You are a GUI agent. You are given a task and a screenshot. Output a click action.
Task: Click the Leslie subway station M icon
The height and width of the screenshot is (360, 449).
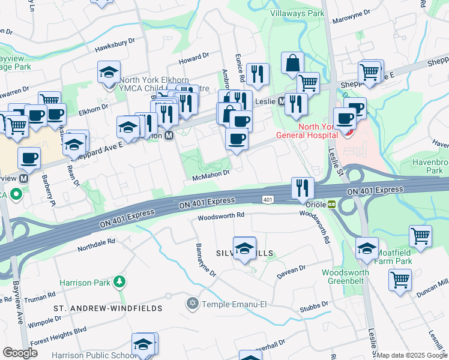(x=281, y=101)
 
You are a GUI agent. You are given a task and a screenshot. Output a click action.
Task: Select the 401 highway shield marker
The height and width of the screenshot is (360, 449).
(x=268, y=199)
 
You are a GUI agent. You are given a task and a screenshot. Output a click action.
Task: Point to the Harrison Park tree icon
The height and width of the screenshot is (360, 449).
(x=119, y=281)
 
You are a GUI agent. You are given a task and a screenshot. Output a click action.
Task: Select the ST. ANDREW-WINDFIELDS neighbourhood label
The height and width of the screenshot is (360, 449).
(x=108, y=308)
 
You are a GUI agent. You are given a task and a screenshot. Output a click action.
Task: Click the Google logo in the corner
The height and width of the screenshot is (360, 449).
(x=20, y=352)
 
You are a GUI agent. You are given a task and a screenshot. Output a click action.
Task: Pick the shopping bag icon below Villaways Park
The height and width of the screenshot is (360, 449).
(x=292, y=62)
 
